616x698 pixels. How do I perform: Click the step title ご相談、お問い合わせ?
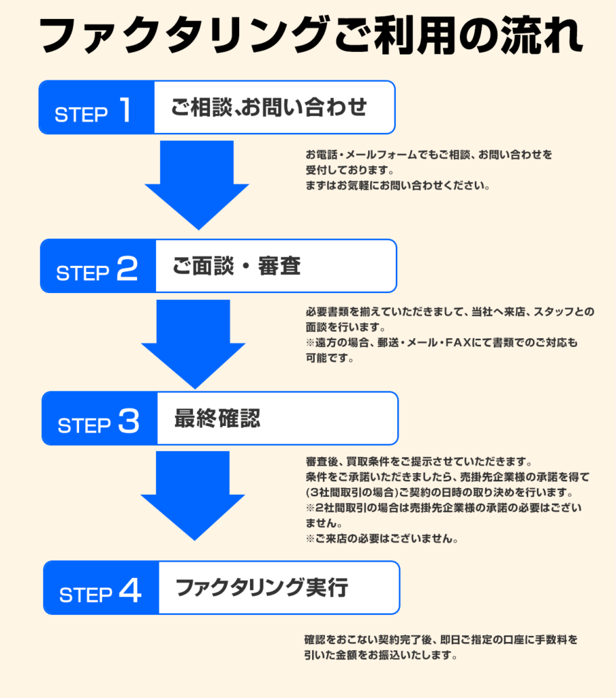click(269, 108)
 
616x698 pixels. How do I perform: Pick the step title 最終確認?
click(217, 419)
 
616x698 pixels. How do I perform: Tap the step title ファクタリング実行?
click(262, 588)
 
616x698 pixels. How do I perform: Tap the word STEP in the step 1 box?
click(81, 115)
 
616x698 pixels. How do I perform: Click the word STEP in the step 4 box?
click(86, 595)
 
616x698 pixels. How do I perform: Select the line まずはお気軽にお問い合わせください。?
click(398, 185)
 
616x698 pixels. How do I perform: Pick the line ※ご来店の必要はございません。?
click(381, 538)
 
